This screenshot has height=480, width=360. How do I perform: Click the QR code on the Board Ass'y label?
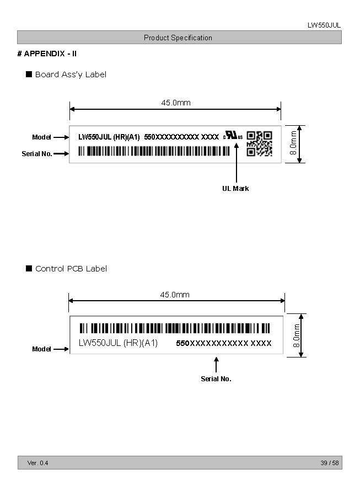tap(259, 143)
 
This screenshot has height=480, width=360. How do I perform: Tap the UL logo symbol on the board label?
tap(233, 136)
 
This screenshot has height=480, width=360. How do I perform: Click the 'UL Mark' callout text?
tap(235, 189)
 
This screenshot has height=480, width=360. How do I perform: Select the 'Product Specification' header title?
tap(178, 38)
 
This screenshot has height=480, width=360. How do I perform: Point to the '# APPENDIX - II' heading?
tap(47, 54)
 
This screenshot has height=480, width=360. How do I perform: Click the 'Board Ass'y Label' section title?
tap(71, 74)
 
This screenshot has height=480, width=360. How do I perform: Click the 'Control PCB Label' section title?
tap(71, 269)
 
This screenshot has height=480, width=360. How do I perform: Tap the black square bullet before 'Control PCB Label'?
tap(29, 269)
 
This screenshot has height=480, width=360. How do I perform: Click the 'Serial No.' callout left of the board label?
tap(37, 154)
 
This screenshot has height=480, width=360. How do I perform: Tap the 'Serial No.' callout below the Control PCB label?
tap(216, 379)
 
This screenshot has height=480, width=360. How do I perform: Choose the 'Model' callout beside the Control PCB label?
tap(41, 349)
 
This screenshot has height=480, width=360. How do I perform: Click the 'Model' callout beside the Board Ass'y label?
tap(41, 137)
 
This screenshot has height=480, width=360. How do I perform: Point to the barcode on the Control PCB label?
tap(175, 328)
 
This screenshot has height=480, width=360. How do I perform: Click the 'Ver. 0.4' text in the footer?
tap(37, 463)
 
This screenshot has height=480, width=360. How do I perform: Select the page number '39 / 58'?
tap(330, 463)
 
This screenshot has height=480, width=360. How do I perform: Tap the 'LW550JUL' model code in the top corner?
tap(324, 25)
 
